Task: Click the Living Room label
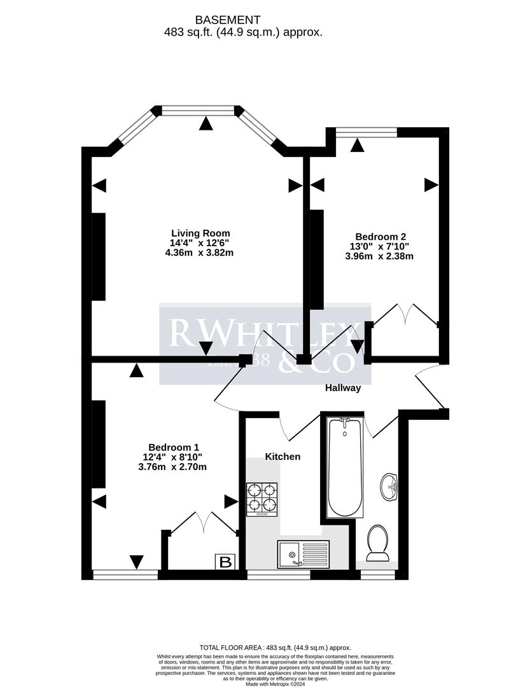[200, 233]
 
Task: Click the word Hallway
[343, 387]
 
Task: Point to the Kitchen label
[282, 457]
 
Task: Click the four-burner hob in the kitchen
[263, 499]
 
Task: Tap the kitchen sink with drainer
[303, 553]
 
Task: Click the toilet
[378, 543]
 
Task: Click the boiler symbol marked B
[225, 562]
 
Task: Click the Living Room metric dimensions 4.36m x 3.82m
[200, 253]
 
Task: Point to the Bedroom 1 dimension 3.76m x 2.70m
[172, 467]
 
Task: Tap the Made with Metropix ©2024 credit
[264, 683]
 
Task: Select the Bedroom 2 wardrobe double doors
[405, 314]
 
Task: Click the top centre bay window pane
[199, 111]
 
